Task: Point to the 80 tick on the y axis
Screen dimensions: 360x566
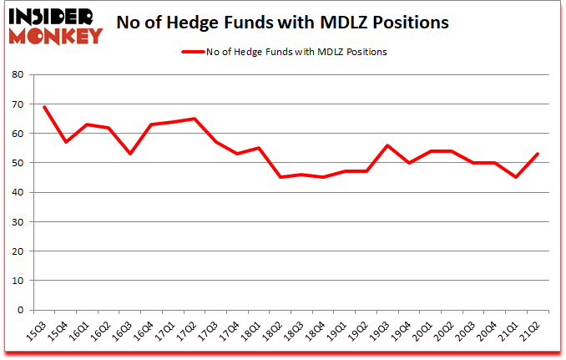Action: coord(18,75)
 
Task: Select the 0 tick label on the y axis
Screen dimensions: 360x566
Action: coord(20,310)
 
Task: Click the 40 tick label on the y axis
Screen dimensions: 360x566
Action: coord(18,192)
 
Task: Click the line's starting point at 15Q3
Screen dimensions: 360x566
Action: coord(45,107)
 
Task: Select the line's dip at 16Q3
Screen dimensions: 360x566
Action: coord(130,154)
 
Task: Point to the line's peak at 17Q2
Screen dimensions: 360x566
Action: coord(195,119)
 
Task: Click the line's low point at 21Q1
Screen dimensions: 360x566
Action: coord(516,177)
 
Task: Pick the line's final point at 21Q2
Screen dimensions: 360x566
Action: coord(537,154)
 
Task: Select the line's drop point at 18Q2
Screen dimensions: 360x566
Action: coord(280,177)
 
